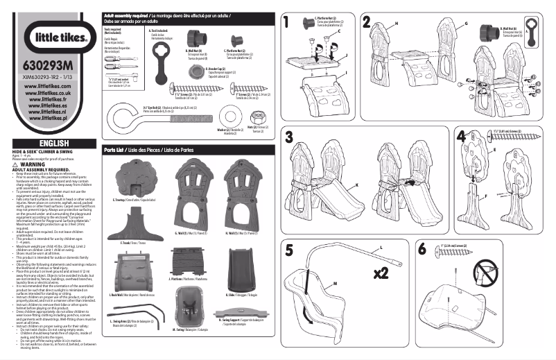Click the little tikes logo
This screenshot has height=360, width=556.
coord(50,37)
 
